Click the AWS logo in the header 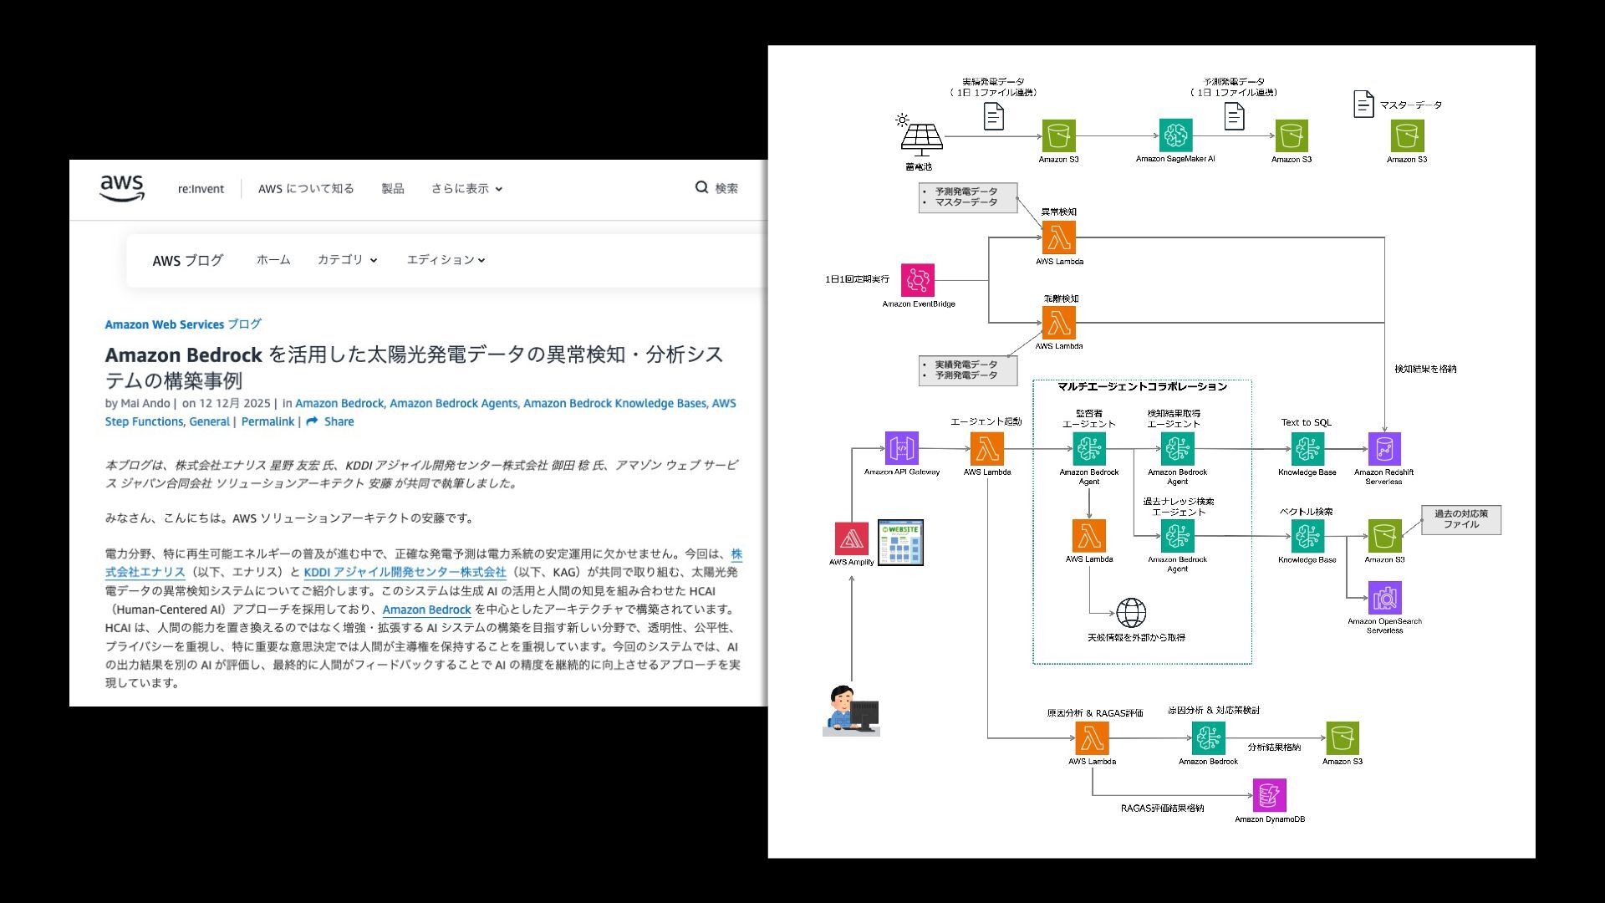(122, 188)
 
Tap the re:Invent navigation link (201, 189)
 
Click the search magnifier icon (702, 187)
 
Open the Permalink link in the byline (267, 421)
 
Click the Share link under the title (330, 421)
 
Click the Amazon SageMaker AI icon (1175, 135)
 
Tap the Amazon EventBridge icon (918, 281)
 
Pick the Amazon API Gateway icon (901, 449)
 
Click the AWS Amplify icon (851, 539)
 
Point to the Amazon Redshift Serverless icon (1383, 449)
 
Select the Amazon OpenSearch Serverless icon (1384, 599)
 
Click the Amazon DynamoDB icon (1269, 796)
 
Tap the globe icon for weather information (1131, 613)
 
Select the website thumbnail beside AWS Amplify (900, 543)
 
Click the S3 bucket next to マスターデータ (1407, 135)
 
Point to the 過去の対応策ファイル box (1460, 519)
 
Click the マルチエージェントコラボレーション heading (1141, 387)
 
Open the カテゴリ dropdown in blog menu (347, 260)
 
